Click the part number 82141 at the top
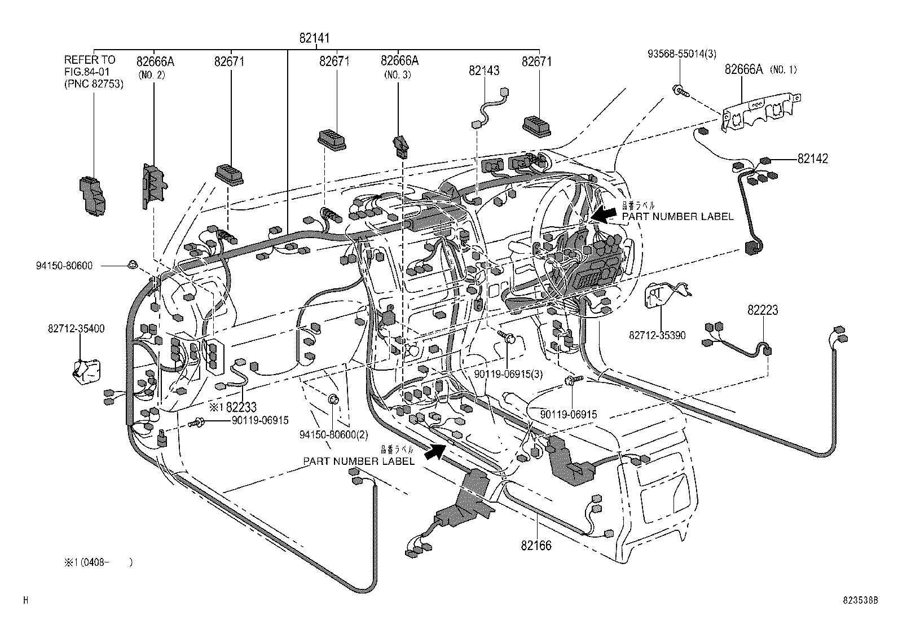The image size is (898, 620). tap(315, 38)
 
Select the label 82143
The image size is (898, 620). tap(484, 71)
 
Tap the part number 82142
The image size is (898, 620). tap(812, 159)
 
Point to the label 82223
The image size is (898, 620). tap(763, 310)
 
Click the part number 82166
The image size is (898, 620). tap(536, 546)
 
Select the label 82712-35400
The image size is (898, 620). tap(76, 329)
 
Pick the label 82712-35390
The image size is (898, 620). tap(657, 336)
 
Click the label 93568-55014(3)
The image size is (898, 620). tap(681, 54)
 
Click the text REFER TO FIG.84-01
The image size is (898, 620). tap(89, 65)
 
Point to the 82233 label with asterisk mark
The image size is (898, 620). tap(233, 407)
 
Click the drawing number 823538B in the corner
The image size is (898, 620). tap(860, 601)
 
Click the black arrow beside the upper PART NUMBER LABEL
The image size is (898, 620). tap(604, 214)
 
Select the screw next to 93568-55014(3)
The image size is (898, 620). tap(681, 90)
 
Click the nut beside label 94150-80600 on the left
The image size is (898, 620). tap(133, 264)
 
